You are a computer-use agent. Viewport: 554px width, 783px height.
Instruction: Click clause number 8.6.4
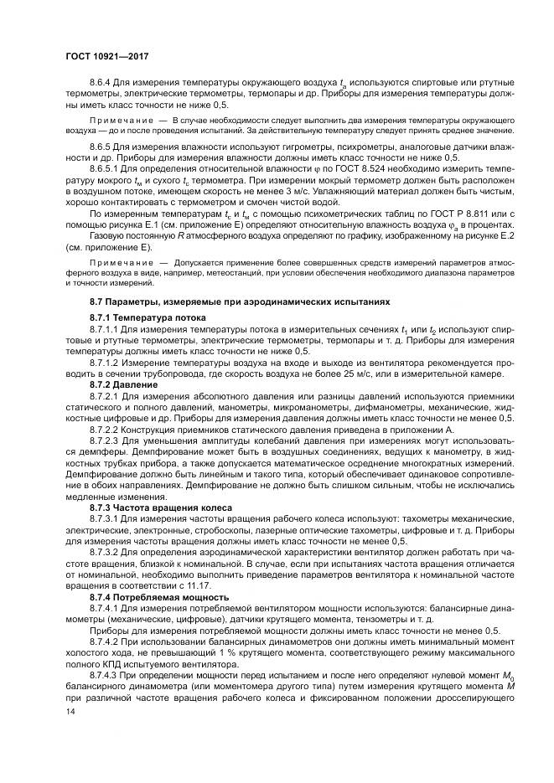101,84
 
